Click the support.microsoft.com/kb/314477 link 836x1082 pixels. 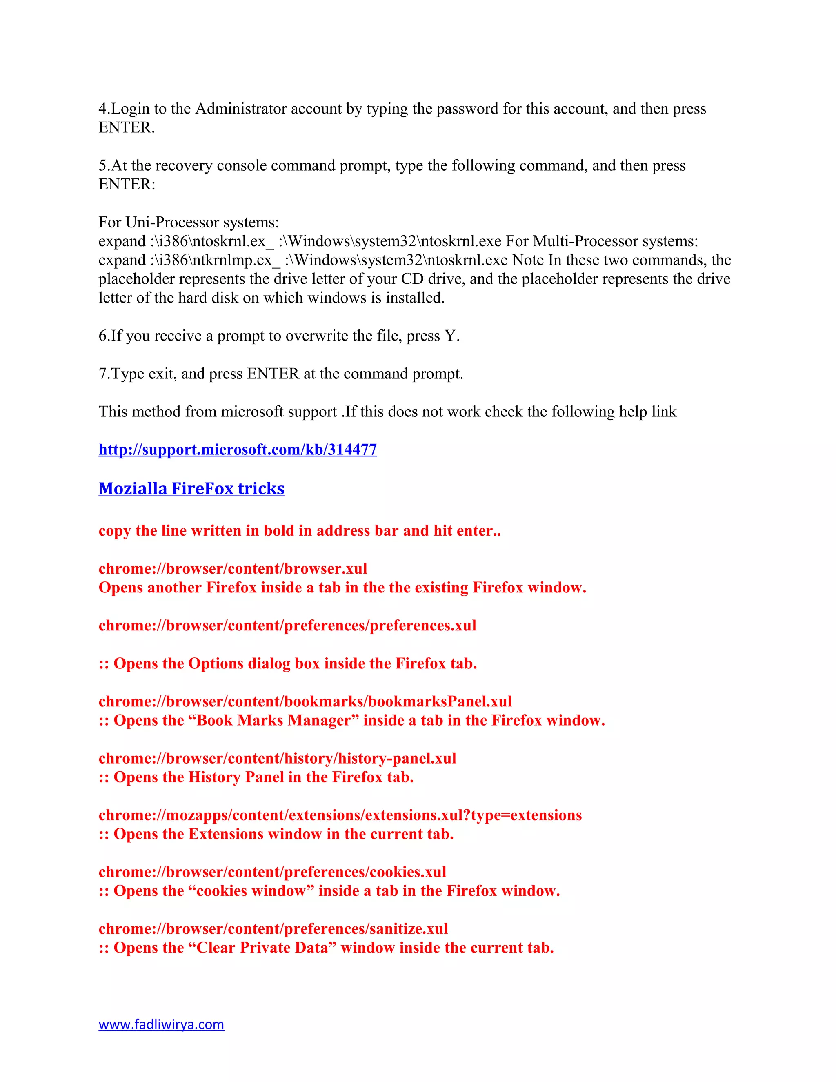pos(238,450)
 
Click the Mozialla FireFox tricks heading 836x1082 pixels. pos(192,488)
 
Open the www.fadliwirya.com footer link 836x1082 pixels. pos(162,1024)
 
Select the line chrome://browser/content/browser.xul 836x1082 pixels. pos(233,568)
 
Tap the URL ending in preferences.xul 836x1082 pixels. pos(287,625)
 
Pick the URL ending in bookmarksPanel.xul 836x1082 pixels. pos(305,701)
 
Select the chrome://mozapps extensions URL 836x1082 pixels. pos(340,815)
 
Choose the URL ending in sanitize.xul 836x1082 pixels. pos(273,928)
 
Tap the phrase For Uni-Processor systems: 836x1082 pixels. pos(189,222)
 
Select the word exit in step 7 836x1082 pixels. pos(162,374)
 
